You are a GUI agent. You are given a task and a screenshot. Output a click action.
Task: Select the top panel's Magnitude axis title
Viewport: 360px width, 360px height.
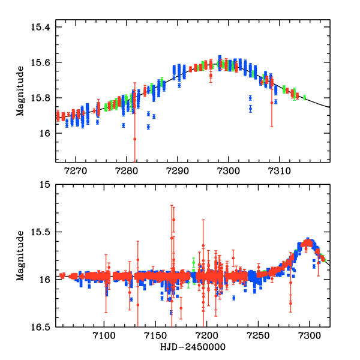point(21,91)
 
